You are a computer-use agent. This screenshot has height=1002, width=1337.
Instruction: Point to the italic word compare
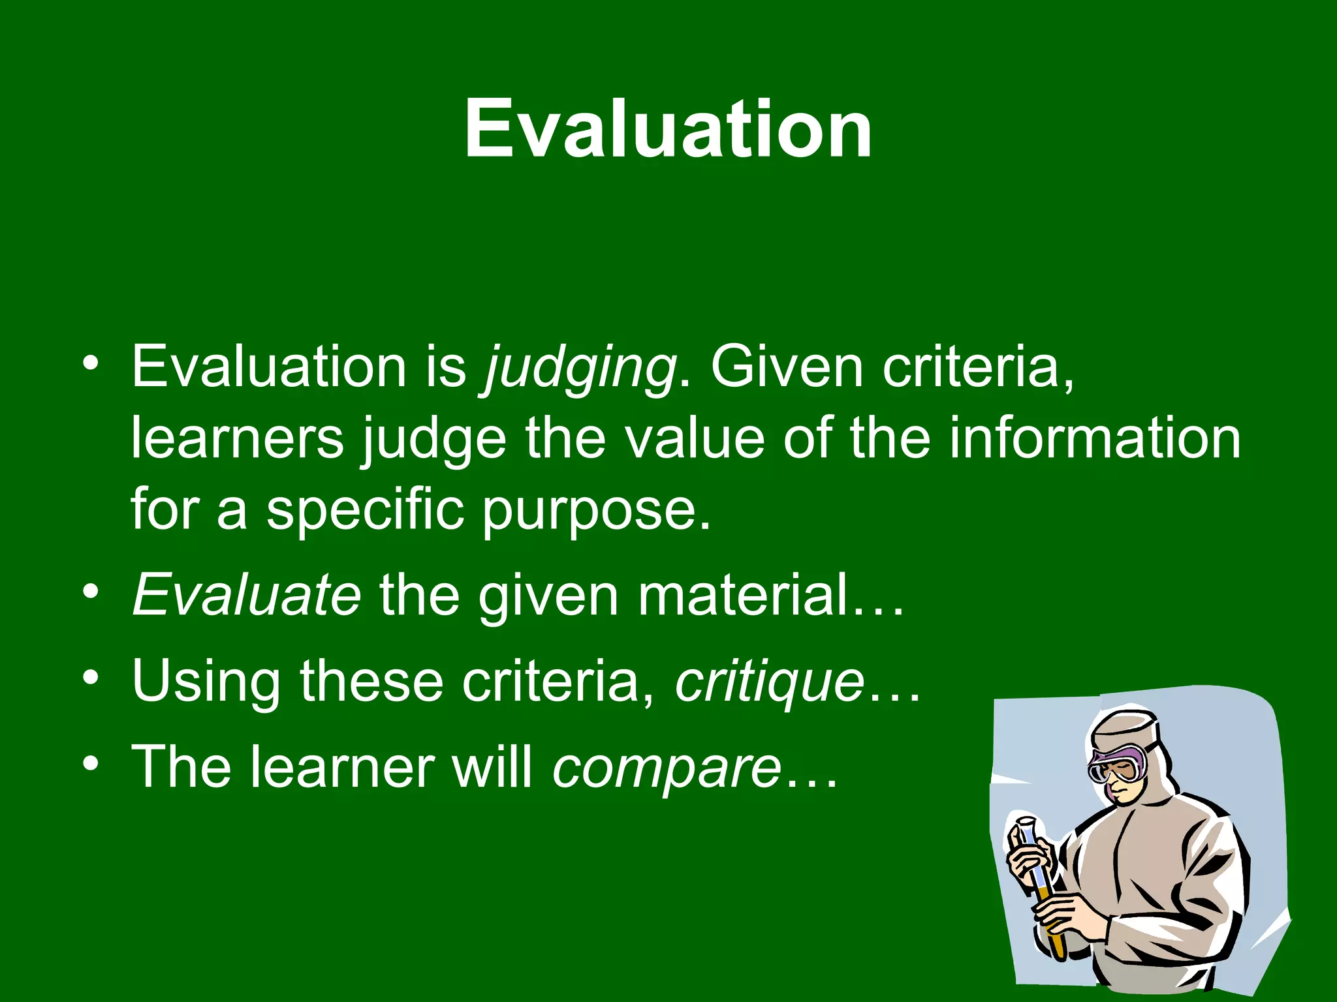[x=667, y=767]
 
